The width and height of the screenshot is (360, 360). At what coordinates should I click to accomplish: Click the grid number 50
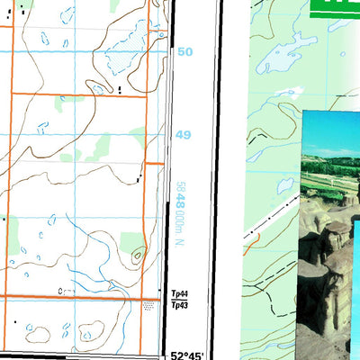pos(184,52)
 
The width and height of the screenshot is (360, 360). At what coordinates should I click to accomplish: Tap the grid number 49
pos(184,135)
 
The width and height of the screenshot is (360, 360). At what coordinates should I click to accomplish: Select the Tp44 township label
pos(177,294)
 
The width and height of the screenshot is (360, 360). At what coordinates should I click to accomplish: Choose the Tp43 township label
pos(177,305)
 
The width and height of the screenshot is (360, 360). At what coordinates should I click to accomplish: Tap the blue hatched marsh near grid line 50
pos(135,40)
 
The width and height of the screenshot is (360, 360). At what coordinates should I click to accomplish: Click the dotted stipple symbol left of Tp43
pos(148,306)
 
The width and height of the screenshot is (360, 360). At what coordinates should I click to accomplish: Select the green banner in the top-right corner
pos(337,8)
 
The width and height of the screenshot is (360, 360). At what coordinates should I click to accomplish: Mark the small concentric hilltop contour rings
pos(137,256)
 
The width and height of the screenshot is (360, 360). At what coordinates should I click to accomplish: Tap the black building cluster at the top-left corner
pos(9,11)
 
